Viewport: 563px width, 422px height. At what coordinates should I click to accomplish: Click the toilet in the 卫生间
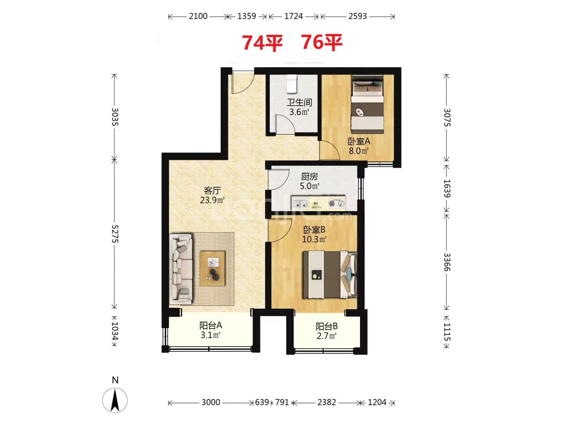point(292,84)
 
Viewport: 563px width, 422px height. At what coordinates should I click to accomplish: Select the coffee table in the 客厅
point(212,268)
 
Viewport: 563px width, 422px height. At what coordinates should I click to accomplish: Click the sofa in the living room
point(181,268)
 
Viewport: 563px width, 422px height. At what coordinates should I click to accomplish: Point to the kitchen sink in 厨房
point(300,204)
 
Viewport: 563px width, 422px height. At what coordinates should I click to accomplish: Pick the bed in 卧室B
point(330,275)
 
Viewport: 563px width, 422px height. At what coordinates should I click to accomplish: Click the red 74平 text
point(262,43)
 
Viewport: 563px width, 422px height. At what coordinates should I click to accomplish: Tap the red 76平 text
point(322,42)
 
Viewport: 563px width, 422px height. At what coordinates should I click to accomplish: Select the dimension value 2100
point(198,16)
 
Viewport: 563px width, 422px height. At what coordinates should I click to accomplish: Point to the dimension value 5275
point(115,234)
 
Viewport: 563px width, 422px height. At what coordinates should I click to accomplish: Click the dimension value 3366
point(447,262)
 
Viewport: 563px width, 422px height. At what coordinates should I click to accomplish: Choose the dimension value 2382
point(326,402)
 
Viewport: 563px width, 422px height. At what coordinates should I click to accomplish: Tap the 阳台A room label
point(211,325)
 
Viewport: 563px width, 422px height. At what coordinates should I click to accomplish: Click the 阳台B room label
point(326,326)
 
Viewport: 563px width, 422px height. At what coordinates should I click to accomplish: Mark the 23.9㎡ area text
point(212,200)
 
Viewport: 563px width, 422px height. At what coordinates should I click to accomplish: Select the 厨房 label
point(309,177)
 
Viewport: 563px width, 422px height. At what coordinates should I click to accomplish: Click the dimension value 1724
point(294,16)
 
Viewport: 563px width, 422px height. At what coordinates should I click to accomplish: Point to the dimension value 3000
point(211,402)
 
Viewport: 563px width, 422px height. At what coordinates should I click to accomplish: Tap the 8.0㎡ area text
point(359,151)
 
